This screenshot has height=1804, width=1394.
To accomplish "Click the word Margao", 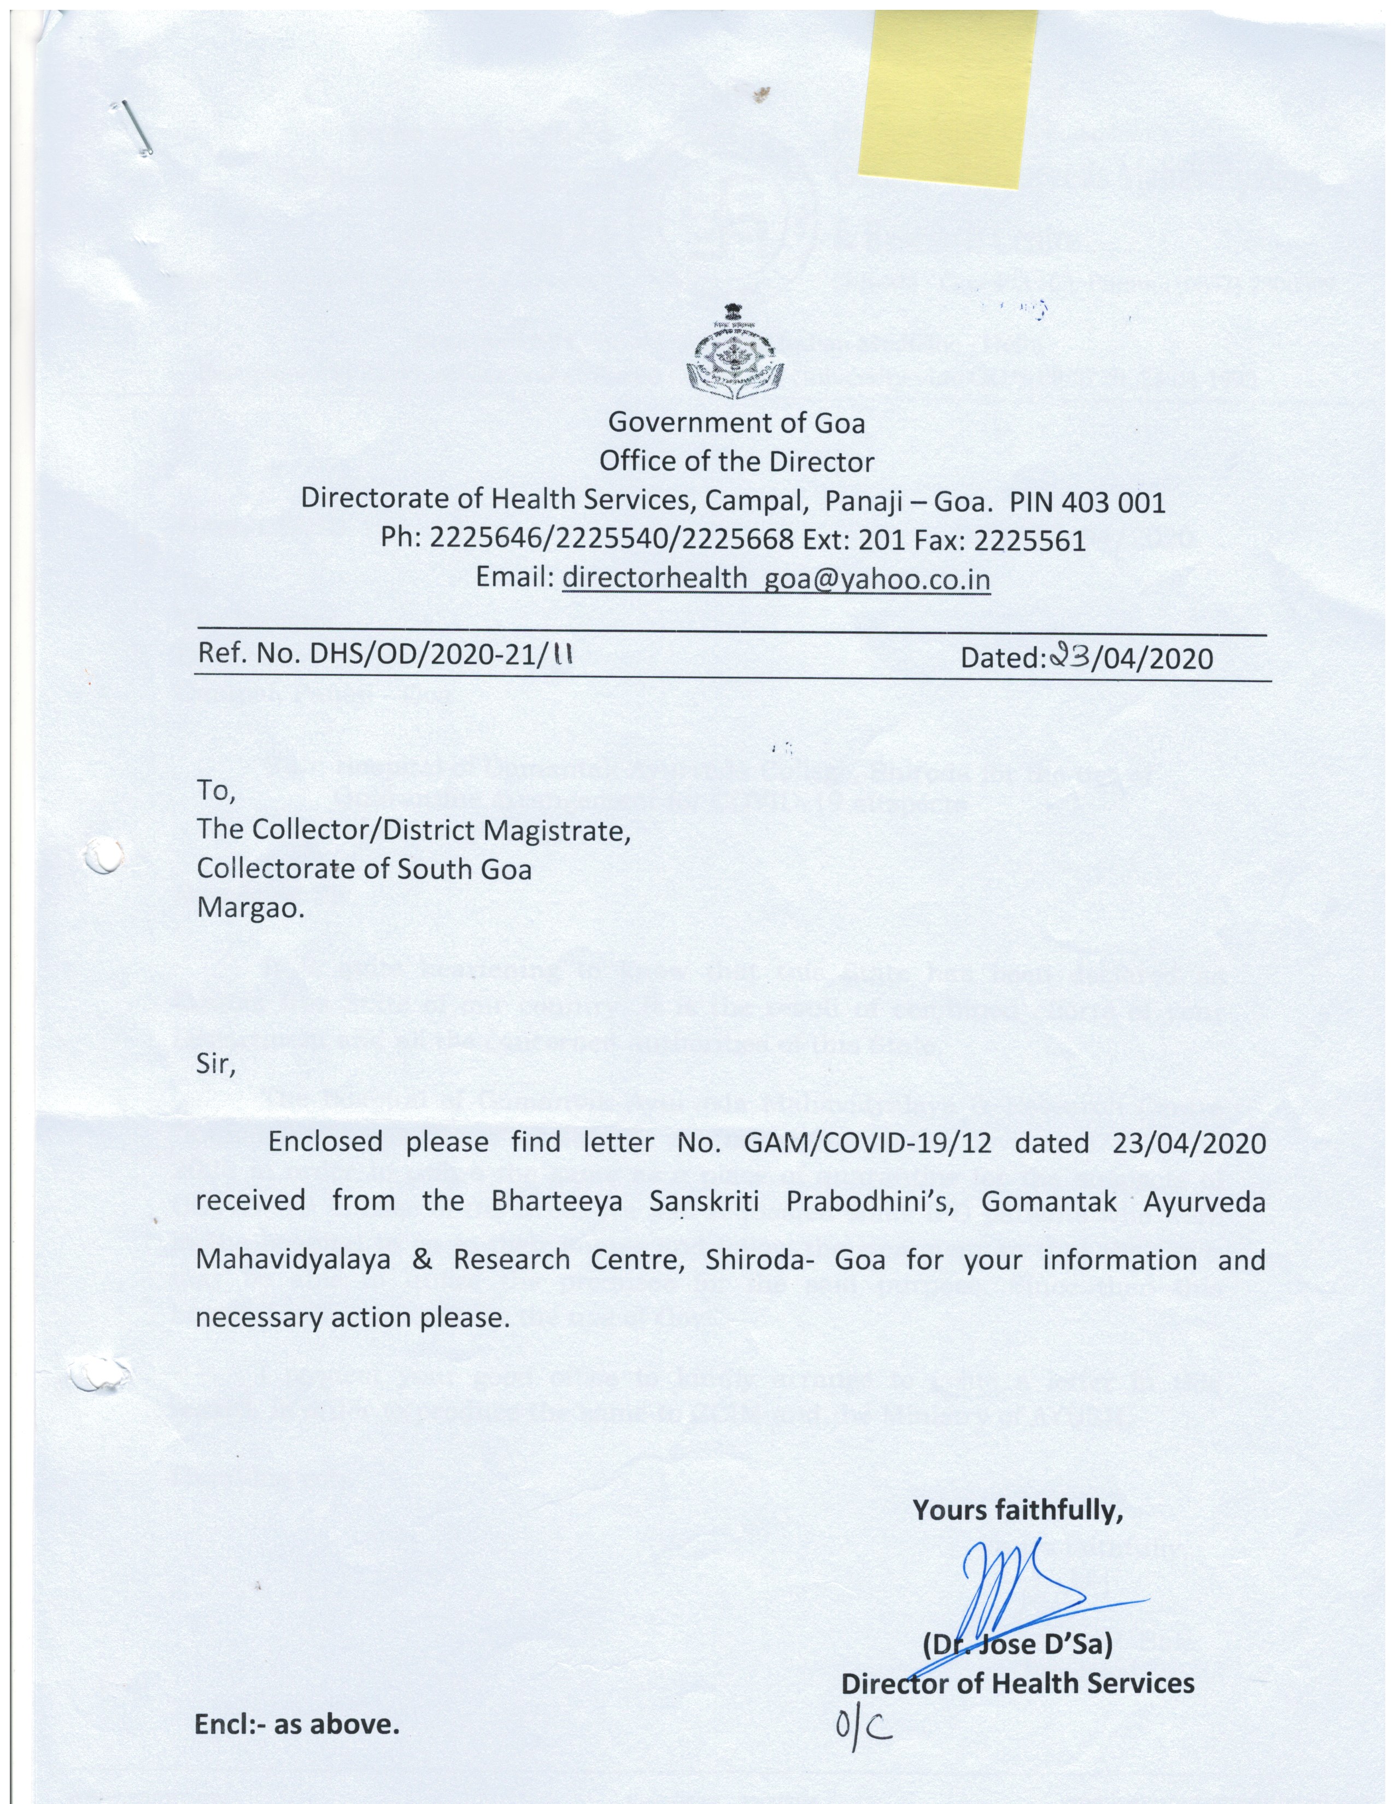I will click(250, 908).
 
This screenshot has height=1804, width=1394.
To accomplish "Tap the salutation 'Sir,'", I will click(215, 1065).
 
